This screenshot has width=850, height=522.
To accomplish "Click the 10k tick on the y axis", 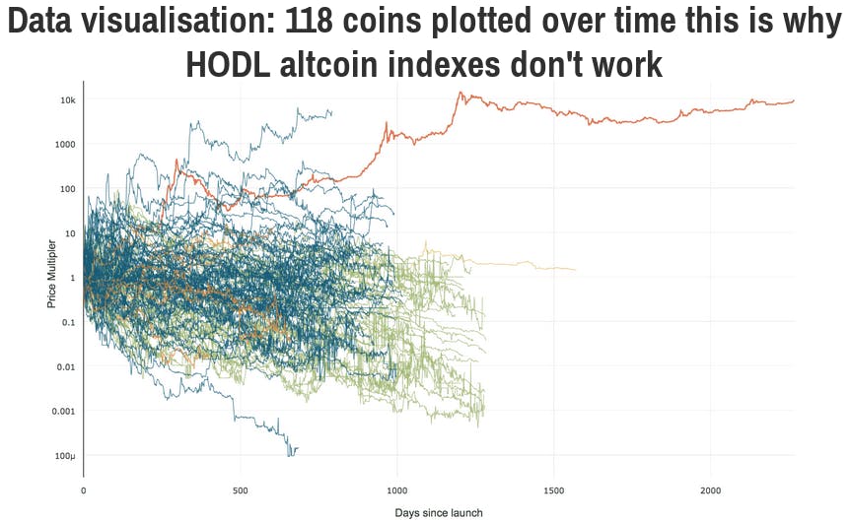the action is pyautogui.click(x=68, y=100).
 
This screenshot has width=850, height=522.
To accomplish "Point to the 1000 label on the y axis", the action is pyautogui.click(x=65, y=145).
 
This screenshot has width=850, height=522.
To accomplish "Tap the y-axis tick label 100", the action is pyautogui.click(x=68, y=189).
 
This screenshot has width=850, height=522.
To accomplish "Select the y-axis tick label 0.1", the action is pyautogui.click(x=68, y=322).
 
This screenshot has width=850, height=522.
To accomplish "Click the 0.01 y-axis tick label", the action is pyautogui.click(x=66, y=367).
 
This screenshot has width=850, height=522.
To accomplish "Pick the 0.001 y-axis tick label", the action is pyautogui.click(x=63, y=412).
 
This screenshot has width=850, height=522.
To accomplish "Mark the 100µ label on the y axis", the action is pyautogui.click(x=65, y=456).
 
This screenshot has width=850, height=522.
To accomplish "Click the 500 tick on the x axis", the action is pyautogui.click(x=240, y=490).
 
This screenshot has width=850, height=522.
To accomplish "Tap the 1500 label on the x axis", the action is pyautogui.click(x=553, y=490).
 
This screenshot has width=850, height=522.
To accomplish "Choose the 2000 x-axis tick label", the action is pyautogui.click(x=710, y=490).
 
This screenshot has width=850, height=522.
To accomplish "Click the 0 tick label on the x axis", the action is pyautogui.click(x=84, y=490).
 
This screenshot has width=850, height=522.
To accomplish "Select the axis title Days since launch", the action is pyautogui.click(x=439, y=513).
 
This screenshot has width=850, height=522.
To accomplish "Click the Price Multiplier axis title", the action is pyautogui.click(x=51, y=274).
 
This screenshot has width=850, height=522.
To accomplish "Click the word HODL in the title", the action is pyautogui.click(x=228, y=64).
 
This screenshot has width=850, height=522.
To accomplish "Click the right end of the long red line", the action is pyautogui.click(x=794, y=100).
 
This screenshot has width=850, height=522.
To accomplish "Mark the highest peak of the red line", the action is pyautogui.click(x=460, y=92).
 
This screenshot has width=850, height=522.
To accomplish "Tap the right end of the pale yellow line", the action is pyautogui.click(x=575, y=269).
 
